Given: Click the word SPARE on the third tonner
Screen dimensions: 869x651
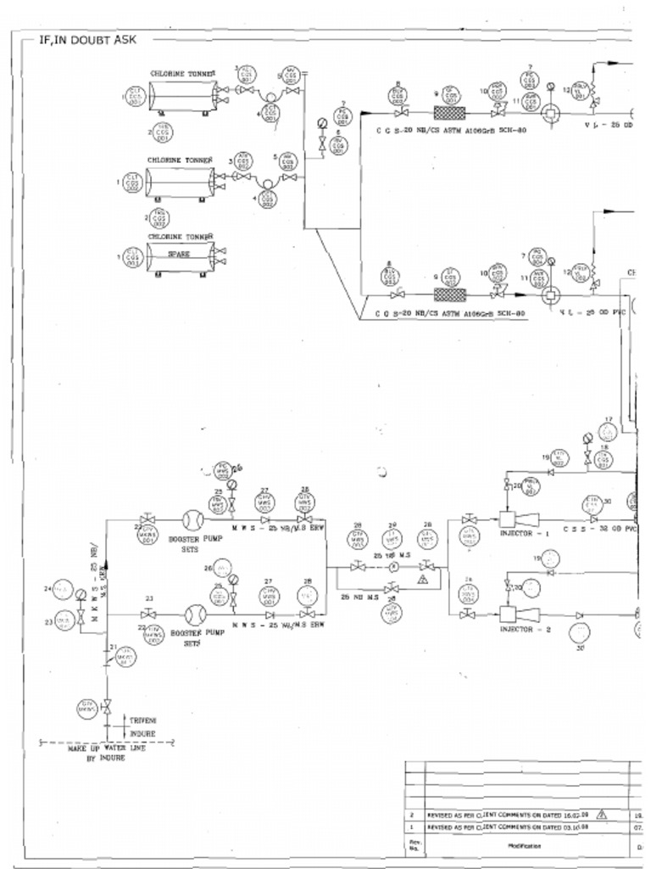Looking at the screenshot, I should click(x=178, y=254).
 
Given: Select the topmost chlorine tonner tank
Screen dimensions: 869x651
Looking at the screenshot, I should click(x=181, y=96).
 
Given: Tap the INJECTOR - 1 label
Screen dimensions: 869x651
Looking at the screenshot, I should click(x=525, y=534).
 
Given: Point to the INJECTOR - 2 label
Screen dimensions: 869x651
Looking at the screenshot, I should click(x=526, y=630).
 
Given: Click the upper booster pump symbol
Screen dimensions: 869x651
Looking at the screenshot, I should click(x=192, y=519).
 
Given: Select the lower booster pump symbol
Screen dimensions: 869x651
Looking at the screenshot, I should click(x=192, y=614).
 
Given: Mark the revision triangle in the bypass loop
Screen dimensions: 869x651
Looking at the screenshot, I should click(x=420, y=579).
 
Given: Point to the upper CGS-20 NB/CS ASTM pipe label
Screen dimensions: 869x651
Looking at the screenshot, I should click(x=451, y=131).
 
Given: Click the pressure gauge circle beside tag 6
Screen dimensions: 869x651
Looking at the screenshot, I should click(x=322, y=123).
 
